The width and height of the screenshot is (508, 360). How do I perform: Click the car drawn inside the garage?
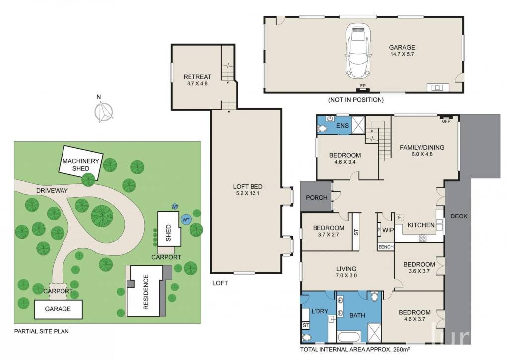pyautogui.click(x=358, y=51)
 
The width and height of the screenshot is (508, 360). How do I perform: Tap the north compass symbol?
pyautogui.click(x=103, y=110)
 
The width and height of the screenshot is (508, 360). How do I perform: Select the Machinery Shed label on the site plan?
pyautogui.click(x=81, y=165)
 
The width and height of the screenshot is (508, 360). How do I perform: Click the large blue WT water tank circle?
pyautogui.click(x=186, y=220)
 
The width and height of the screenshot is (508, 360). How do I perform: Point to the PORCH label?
pyautogui.click(x=317, y=197)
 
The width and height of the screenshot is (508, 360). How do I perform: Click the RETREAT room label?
pyautogui.click(x=197, y=77)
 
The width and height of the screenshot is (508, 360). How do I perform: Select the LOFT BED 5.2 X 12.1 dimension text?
pyautogui.click(x=248, y=193)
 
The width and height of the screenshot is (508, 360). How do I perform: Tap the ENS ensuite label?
pyautogui.click(x=342, y=126)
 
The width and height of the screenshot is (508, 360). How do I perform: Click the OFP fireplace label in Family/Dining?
pyautogui.click(x=446, y=121)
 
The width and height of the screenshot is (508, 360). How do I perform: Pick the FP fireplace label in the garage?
pyautogui.click(x=363, y=85)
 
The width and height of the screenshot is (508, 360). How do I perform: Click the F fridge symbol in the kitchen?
pyautogui.click(x=399, y=217)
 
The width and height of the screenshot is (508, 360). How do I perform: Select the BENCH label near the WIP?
pyautogui.click(x=386, y=247)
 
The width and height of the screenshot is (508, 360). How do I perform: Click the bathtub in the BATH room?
pyautogui.click(x=349, y=336)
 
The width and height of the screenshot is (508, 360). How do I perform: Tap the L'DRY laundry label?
pyautogui.click(x=320, y=311)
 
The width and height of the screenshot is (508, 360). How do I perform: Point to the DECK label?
pyautogui.click(x=459, y=216)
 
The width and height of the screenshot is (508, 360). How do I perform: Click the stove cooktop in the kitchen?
pyautogui.click(x=423, y=238)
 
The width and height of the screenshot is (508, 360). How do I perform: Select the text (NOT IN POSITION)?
pyautogui.click(x=356, y=100)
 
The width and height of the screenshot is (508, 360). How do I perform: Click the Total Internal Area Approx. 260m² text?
pyautogui.click(x=355, y=349)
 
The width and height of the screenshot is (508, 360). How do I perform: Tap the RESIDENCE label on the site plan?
pyautogui.click(x=146, y=292)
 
